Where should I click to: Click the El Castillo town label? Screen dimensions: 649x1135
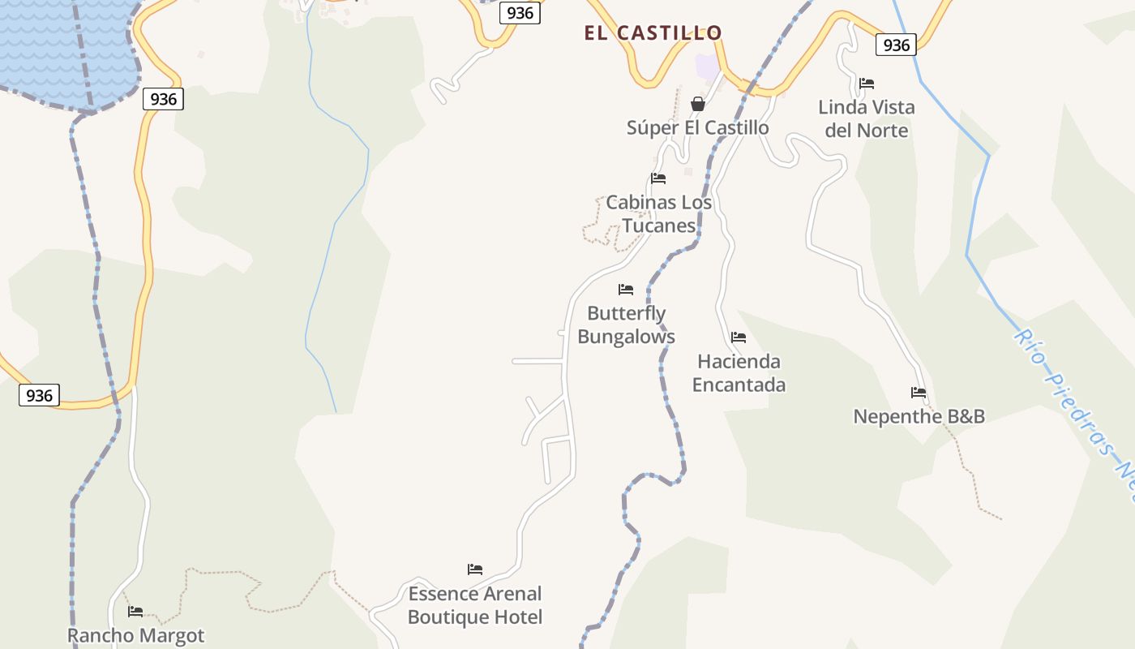[653, 33]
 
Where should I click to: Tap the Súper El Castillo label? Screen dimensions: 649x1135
[697, 127]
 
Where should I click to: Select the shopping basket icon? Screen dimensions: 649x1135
[697, 104]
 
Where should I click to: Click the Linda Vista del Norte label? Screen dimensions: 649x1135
[866, 118]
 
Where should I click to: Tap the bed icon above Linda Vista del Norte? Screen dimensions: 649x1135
[866, 83]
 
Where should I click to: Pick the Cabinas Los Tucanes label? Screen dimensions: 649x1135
[658, 214]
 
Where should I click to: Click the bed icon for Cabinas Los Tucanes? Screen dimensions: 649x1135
[658, 178]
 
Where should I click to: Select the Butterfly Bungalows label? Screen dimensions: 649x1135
[626, 324]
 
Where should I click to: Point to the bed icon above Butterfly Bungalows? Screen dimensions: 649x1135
[625, 289]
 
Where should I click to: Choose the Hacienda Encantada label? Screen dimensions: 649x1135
[739, 372]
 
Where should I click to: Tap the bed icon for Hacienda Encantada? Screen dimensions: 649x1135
[738, 337]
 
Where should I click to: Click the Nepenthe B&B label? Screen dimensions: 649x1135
[919, 417]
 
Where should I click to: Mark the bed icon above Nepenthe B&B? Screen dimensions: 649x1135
[918, 393]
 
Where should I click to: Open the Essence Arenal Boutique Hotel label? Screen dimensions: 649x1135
[475, 605]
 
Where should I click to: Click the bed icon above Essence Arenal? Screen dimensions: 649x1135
[475, 569]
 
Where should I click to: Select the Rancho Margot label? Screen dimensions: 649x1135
[135, 635]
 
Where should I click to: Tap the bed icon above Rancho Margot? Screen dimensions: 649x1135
[135, 611]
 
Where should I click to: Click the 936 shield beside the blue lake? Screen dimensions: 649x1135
[163, 99]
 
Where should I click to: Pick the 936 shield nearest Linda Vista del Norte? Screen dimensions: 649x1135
[896, 45]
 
